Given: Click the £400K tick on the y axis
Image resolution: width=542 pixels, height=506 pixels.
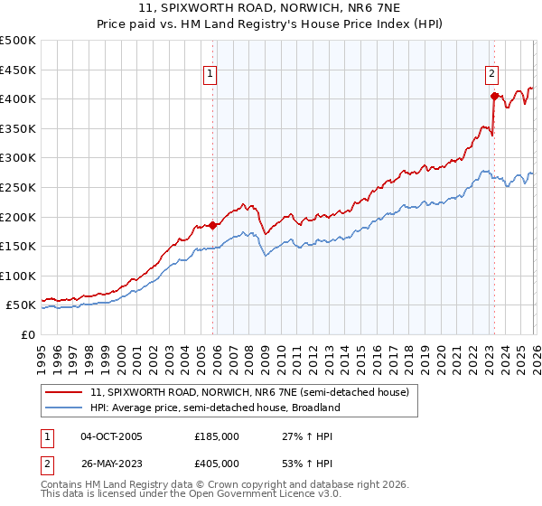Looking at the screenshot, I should (18, 98).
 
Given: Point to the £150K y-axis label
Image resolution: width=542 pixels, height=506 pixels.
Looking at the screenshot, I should (18, 246).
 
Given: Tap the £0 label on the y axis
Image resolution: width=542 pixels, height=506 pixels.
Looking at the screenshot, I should (27, 334).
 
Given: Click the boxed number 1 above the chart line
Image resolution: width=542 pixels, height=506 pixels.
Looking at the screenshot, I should (210, 75).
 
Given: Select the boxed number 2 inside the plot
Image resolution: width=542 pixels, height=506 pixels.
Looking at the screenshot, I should (491, 75).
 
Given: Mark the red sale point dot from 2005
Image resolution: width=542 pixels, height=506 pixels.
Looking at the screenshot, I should (213, 225).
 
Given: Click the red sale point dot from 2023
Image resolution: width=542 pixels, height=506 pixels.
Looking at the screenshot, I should (494, 95).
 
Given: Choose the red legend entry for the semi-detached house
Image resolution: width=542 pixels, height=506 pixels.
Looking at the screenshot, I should (249, 393).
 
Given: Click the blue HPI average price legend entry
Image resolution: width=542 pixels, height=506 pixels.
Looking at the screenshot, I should (214, 408).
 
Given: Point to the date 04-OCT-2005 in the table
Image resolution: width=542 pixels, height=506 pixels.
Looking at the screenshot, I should (111, 436).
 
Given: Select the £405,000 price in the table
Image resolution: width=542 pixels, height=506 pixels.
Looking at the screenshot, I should (217, 464).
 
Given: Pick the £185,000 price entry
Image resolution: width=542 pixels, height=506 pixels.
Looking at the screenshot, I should (217, 436).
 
